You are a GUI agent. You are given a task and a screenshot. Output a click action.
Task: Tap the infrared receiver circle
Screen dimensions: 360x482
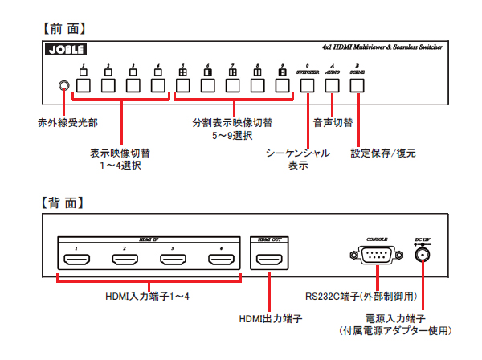pos(63,86)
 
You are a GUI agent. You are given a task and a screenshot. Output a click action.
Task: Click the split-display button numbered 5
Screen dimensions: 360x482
pos(183,84)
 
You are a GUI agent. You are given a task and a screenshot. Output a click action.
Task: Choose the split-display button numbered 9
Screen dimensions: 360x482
pos(282,84)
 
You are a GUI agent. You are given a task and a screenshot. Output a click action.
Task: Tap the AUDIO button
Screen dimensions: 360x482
pos(333,84)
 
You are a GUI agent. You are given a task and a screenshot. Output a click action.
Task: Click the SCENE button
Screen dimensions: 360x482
pos(357,84)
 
